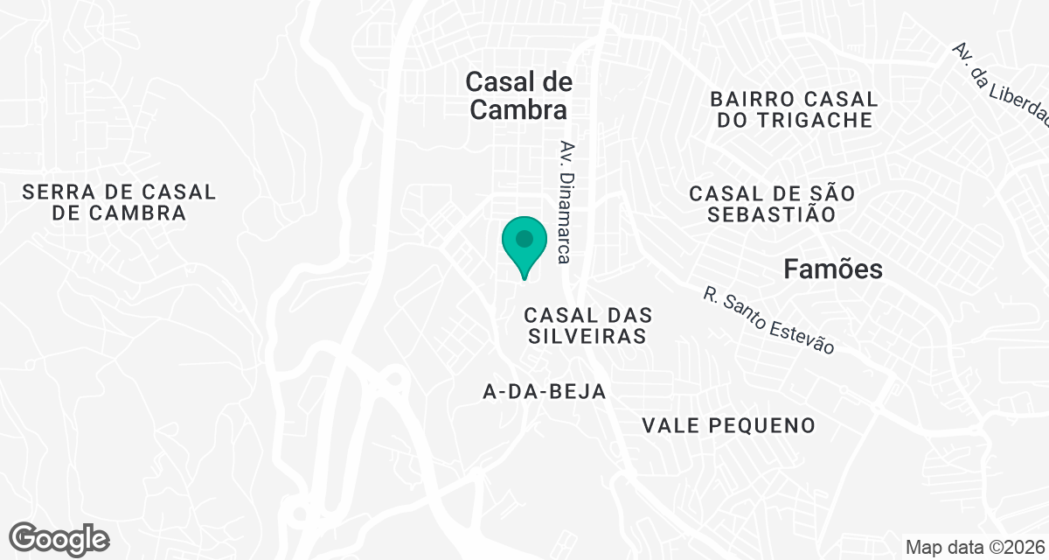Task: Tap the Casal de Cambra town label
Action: [518, 95]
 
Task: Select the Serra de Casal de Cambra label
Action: [119, 202]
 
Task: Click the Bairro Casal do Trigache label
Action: [795, 109]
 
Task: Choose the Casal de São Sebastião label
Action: [771, 203]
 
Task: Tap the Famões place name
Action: [832, 269]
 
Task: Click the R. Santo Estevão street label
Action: [768, 320]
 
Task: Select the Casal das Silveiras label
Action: [587, 325]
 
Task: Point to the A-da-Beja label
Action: [545, 392]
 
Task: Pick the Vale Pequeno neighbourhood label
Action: [728, 426]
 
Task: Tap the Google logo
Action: [59, 538]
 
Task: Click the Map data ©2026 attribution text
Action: [974, 547]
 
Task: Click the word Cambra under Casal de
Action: [518, 110]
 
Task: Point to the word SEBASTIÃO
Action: [771, 214]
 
